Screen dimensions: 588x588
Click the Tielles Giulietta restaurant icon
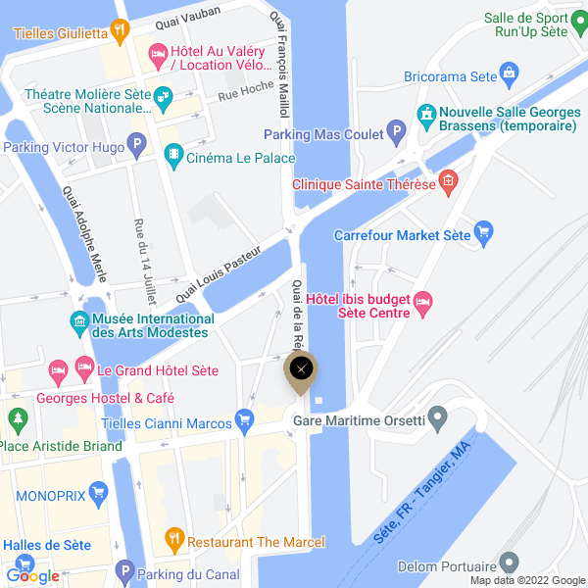click(120, 30)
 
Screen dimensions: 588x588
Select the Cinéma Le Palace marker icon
click(173, 154)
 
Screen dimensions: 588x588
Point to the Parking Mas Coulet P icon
click(396, 130)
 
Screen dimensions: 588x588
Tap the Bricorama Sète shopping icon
click(509, 73)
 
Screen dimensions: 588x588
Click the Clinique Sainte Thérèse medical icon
click(448, 180)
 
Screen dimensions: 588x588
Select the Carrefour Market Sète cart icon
click(482, 232)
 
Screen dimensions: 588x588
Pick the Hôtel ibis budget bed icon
click(423, 304)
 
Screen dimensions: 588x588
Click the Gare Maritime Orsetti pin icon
click(439, 421)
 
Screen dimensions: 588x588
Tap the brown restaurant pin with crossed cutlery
click(301, 369)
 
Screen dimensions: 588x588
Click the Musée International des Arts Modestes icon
click(78, 321)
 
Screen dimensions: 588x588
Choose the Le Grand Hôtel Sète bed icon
click(58, 370)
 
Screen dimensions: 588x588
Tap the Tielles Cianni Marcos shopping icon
click(245, 421)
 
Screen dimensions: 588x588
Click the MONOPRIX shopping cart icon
click(97, 492)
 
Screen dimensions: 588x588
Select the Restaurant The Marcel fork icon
click(174, 538)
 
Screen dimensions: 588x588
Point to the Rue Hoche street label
click(245, 91)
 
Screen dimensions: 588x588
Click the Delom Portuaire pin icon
click(509, 563)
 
